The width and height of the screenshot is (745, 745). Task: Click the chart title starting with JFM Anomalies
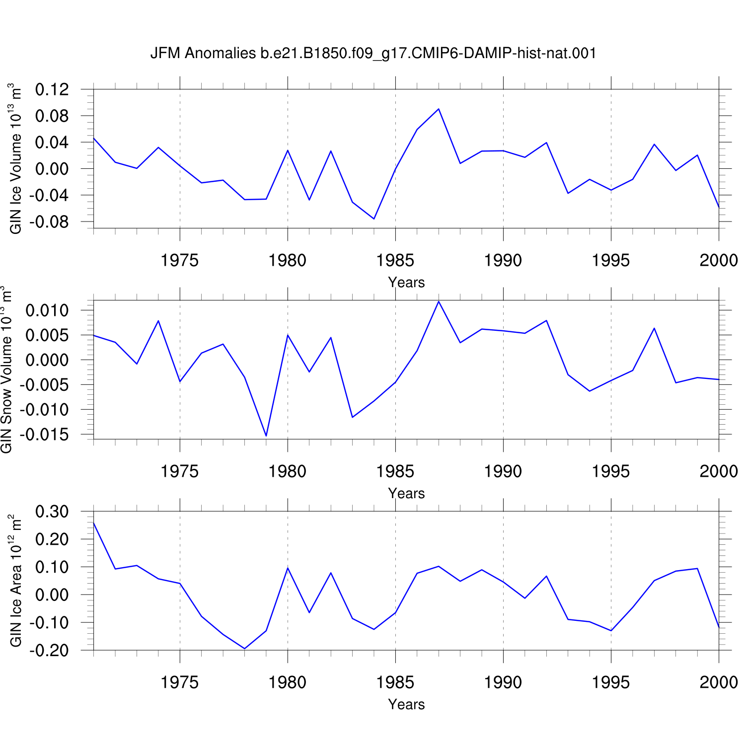click(373, 53)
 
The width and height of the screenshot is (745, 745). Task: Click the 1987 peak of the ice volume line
click(439, 109)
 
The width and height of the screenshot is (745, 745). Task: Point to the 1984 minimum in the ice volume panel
click(374, 219)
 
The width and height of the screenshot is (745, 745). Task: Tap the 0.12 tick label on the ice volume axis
click(52, 90)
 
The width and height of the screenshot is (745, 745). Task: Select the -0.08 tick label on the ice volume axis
click(49, 222)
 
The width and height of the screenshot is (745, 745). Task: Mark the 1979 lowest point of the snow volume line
click(266, 436)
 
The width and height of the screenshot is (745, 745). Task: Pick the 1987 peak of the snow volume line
click(439, 301)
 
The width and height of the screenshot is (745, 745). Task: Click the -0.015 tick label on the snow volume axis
click(44, 435)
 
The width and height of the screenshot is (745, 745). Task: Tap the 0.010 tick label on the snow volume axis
click(47, 311)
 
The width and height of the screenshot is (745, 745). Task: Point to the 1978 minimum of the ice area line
click(244, 648)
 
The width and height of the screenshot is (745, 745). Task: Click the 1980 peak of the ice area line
click(288, 568)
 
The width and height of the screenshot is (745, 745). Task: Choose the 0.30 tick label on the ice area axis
click(52, 512)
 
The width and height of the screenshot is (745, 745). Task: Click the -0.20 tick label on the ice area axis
click(49, 650)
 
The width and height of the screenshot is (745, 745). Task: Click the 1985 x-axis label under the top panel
click(395, 260)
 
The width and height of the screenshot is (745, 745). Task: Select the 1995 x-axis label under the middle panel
click(611, 471)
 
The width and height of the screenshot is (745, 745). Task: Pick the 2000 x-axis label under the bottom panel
click(719, 682)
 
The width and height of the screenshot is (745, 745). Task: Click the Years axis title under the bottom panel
click(406, 704)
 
